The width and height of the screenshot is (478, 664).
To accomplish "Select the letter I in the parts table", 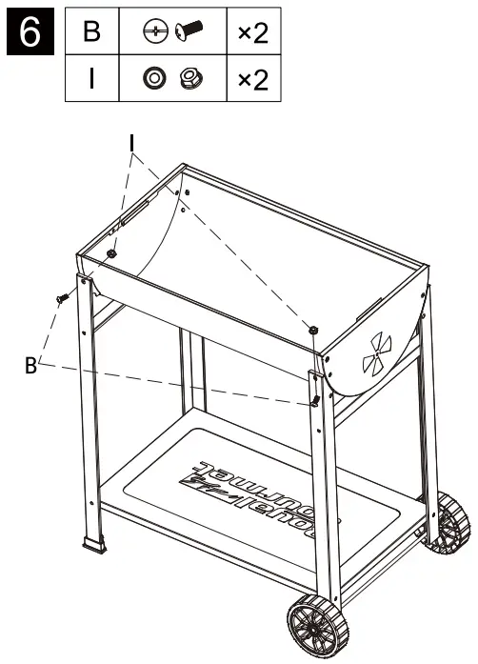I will click(91, 79).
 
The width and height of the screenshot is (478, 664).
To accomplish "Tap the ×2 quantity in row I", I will click(252, 79).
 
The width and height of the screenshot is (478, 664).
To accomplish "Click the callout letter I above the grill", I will click(132, 144).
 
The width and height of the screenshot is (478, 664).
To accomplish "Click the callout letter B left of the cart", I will click(31, 365).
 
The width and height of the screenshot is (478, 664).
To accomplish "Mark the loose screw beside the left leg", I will click(63, 298).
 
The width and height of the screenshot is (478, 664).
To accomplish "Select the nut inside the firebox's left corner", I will click(112, 253).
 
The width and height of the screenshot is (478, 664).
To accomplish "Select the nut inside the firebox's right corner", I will click(312, 330).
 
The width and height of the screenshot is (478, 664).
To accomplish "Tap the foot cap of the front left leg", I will click(96, 547).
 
